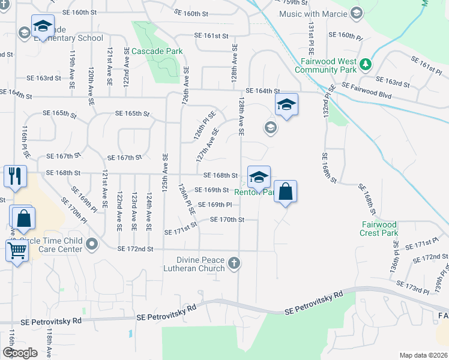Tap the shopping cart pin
(x=17, y=251)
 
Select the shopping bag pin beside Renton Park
(x=285, y=192)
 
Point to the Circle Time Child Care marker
(x=92, y=244)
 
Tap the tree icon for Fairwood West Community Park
(x=364, y=63)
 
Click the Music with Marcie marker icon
(x=356, y=13)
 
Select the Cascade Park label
(x=157, y=52)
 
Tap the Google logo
(x=20, y=353)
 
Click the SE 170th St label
(x=228, y=220)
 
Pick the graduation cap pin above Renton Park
(x=259, y=177)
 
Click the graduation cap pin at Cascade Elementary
(x=43, y=26)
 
